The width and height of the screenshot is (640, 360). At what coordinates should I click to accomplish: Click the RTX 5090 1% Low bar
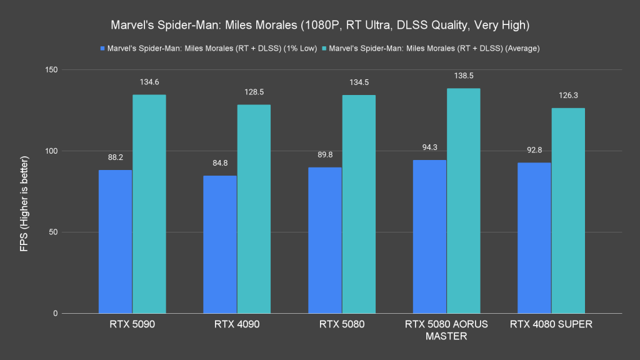[116, 242]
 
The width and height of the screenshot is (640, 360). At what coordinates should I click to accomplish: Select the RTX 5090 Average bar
[149, 204]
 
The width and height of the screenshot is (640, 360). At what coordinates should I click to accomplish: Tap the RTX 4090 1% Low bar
[220, 244]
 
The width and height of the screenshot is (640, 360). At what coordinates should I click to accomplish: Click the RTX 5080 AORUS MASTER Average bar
[463, 201]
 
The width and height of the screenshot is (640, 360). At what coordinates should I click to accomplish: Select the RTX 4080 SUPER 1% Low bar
[534, 238]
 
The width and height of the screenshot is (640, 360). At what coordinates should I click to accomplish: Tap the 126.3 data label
[568, 96]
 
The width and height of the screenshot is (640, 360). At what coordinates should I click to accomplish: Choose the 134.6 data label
[149, 82]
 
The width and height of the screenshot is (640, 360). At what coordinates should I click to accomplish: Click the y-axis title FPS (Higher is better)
[24, 191]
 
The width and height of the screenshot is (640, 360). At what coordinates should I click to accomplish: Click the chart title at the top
[320, 26]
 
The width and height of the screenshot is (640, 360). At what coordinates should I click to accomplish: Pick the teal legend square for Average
[324, 47]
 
